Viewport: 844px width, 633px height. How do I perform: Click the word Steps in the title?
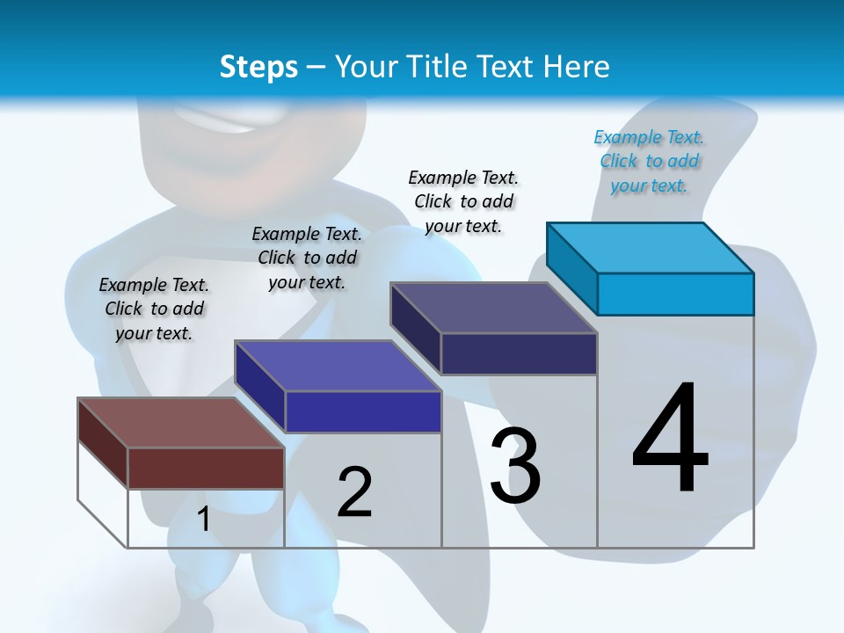coord(258,67)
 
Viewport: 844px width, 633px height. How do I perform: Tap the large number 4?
coord(670,439)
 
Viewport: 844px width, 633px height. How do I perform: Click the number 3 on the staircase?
coord(515,466)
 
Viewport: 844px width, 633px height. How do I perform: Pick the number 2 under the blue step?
coord(354,491)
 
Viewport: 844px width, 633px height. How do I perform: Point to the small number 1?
coord(203,520)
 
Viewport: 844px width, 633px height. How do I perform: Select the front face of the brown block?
coord(206,468)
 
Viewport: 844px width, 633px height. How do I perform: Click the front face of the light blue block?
coord(675,294)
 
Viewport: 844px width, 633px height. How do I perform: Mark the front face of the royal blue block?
coord(362,411)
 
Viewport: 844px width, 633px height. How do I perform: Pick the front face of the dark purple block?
coord(519,353)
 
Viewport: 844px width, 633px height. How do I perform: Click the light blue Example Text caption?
coord(649,161)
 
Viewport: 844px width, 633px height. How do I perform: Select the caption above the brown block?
coord(154,309)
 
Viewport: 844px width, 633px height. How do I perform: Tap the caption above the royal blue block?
coord(307,258)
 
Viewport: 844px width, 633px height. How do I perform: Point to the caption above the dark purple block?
coord(463,201)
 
